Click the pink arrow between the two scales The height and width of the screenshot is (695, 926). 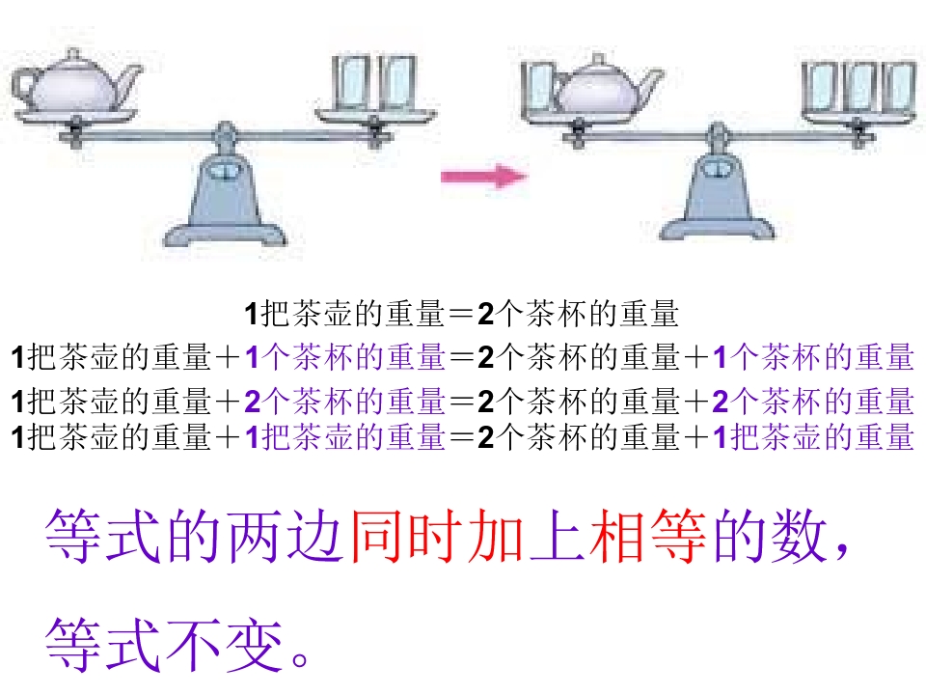(x=484, y=176)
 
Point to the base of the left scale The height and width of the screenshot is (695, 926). (x=225, y=234)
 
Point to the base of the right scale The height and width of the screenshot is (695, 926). (x=717, y=228)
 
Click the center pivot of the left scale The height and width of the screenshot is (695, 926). (x=225, y=133)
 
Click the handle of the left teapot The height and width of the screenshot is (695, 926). (x=25, y=86)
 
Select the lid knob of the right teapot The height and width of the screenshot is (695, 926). (x=598, y=60)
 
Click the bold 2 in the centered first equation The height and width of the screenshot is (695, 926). (x=485, y=313)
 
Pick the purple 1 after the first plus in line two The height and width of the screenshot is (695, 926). (x=253, y=357)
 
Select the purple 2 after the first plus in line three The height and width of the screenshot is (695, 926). (x=253, y=402)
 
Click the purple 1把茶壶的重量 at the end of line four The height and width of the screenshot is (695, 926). (x=814, y=437)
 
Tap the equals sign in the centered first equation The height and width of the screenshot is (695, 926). (x=461, y=314)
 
